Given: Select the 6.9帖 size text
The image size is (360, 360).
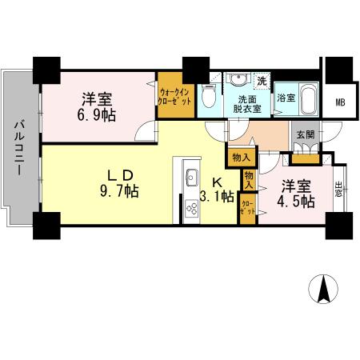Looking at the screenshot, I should point(96,115).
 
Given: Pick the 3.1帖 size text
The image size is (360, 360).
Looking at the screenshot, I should point(216,196).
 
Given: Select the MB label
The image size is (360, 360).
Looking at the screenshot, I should point(340,102).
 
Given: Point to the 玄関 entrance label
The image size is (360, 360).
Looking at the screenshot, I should point(304,135).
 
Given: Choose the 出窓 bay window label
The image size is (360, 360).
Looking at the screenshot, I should point(341,189).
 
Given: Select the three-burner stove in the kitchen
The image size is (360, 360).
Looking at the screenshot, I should point(192,210).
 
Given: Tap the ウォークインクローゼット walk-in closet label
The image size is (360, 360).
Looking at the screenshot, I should point(174,97).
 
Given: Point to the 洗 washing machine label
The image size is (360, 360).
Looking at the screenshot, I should point(262,81).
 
